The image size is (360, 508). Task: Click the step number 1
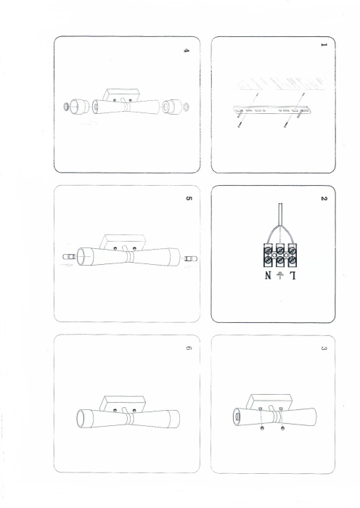coord(324,45)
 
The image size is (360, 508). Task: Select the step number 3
coord(324,348)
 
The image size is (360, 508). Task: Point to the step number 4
coord(187,52)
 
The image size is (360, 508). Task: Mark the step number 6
coord(187,349)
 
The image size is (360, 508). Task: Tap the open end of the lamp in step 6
coord(81,420)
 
